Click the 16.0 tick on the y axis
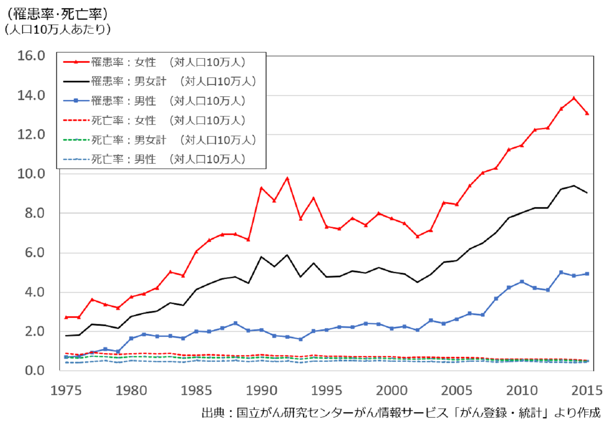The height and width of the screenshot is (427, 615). point(31,56)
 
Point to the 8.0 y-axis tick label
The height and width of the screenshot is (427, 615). point(34,213)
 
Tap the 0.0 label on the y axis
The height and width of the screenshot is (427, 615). point(34,371)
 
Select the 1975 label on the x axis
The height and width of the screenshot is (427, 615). point(66,390)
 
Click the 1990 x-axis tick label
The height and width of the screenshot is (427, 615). point(261,390)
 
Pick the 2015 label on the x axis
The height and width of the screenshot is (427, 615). point(587,390)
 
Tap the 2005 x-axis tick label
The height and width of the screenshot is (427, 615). point(456,390)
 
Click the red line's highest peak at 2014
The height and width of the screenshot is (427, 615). point(574,98)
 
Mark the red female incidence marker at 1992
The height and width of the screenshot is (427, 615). point(287,178)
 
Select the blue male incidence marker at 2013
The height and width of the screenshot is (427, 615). point(561,272)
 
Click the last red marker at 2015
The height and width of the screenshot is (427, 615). point(587,113)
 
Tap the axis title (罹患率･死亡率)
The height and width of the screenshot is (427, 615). point(57,14)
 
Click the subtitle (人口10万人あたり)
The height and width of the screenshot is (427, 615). point(57,30)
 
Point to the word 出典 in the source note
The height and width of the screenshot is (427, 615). point(213,413)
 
